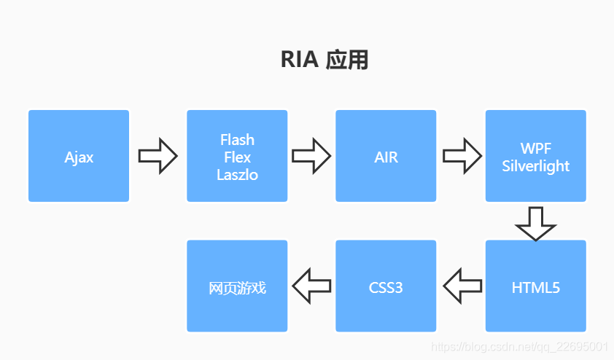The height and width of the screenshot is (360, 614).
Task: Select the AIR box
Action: (386, 156)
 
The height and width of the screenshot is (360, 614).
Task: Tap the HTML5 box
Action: (535, 286)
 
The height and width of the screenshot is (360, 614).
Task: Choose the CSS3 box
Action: (386, 286)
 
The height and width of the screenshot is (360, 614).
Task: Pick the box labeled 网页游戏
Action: (237, 286)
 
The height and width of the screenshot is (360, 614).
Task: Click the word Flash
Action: (237, 140)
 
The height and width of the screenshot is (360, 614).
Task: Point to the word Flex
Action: (237, 157)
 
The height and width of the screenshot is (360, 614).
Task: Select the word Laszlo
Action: (237, 175)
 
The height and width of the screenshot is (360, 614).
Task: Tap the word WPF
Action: (536, 149)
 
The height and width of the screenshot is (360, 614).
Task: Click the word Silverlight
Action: (536, 166)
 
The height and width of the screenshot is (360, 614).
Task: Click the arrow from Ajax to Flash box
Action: (158, 155)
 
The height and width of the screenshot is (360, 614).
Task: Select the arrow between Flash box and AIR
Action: (311, 155)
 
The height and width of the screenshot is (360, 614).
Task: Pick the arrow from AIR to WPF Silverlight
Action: (462, 155)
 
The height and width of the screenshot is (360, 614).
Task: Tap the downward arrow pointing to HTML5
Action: (535, 222)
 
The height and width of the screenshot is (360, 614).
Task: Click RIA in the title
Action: (300, 60)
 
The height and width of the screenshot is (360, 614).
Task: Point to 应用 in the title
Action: (347, 60)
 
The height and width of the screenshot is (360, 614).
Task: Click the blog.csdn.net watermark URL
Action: (519, 347)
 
